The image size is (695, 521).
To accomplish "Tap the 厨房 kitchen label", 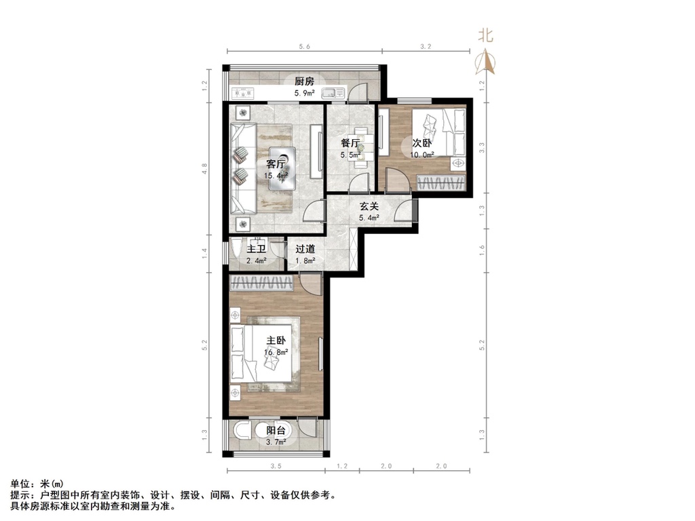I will [304, 81].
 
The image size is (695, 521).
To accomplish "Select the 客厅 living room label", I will [276, 163].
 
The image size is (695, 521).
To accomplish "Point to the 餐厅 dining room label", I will [350, 143].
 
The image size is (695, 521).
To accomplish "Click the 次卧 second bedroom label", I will [421, 143].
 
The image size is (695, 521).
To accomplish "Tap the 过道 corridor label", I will [305, 248].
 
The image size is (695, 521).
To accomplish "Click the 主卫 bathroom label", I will [256, 248].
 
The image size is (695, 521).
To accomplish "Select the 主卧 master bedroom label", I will [276, 340].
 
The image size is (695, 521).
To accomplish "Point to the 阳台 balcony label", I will [276, 430].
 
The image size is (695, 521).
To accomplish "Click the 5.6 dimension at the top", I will [303, 46].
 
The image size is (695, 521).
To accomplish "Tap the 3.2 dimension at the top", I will [426, 46].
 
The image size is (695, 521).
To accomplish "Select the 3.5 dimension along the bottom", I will [276, 466].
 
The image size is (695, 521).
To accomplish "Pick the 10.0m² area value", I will [422, 155].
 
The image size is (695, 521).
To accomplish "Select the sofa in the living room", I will [242, 166].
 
